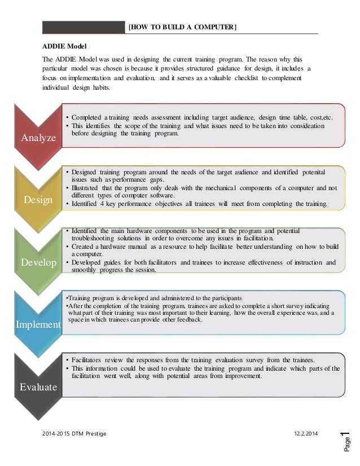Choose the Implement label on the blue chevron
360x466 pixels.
coord(39,325)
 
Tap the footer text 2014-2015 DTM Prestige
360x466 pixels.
coord(74,432)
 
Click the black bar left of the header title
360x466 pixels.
coord(84,28)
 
